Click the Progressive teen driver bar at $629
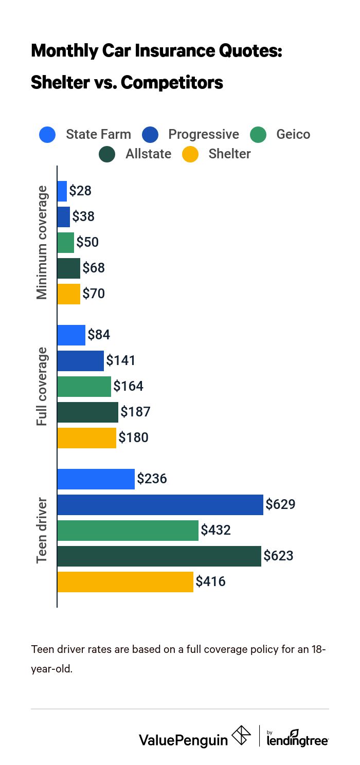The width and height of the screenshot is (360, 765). coord(160,505)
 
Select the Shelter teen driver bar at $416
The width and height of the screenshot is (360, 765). coord(125,582)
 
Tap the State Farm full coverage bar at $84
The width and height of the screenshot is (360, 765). coord(71,335)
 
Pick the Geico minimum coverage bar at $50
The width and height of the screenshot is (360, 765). coord(65,243)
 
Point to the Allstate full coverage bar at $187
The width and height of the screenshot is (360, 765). coord(87,412)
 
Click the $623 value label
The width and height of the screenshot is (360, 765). coord(278,556)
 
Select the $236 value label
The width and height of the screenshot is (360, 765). coord(152,479)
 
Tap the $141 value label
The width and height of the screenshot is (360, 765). coord(121,361)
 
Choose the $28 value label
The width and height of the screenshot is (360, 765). coord(80,191)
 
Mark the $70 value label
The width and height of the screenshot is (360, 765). coord(94,294)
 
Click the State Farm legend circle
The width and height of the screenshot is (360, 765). coord(47,135)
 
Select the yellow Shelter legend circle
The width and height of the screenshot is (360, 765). coord(190,154)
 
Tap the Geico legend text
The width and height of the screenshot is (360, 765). coord(293,135)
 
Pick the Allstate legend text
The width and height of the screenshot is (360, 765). coord(148,154)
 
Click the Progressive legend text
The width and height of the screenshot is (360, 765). coord(204,135)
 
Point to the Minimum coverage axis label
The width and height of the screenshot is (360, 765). coord(42,243)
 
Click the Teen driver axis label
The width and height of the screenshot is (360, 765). coord(42,531)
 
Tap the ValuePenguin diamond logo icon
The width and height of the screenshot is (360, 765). coord(242,735)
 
